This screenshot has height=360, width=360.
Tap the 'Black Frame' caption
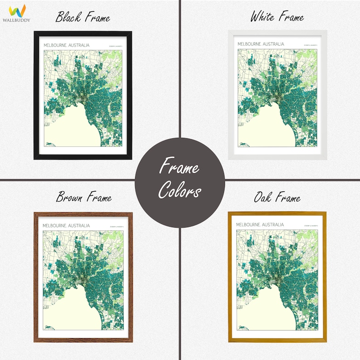[x=83, y=18]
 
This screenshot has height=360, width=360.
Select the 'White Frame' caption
[x=277, y=17]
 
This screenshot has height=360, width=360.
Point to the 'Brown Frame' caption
[x=83, y=197]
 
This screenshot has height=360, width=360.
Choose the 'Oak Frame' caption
[x=277, y=197]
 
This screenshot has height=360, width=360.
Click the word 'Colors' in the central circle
[x=180, y=191]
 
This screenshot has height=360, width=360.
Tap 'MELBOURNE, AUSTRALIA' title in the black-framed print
[x=66, y=46]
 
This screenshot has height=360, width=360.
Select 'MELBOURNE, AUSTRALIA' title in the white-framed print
[x=260, y=44]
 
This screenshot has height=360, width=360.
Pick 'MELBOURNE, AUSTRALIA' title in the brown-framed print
[x=66, y=225]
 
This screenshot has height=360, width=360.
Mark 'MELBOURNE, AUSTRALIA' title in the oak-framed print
[x=260, y=224]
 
